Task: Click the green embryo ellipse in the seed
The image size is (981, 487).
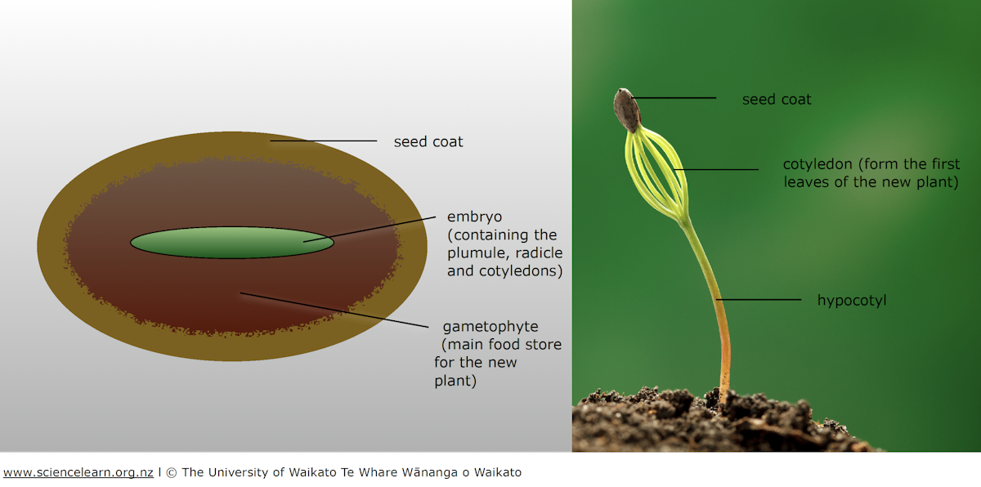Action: pos(232,243)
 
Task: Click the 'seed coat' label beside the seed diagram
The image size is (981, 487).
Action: pos(428,141)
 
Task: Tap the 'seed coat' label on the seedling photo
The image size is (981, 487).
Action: pos(777,100)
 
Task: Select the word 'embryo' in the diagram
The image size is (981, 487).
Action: pos(474,217)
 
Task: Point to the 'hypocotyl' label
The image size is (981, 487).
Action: pos(852,301)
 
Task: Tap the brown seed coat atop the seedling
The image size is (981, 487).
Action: pos(627,109)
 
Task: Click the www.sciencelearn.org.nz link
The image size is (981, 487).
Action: pos(78,472)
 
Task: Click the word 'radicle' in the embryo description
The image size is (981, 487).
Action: pos(540,252)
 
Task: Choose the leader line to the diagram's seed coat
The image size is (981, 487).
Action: pos(324,141)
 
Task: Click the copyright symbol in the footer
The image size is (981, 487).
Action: pos(172,472)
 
